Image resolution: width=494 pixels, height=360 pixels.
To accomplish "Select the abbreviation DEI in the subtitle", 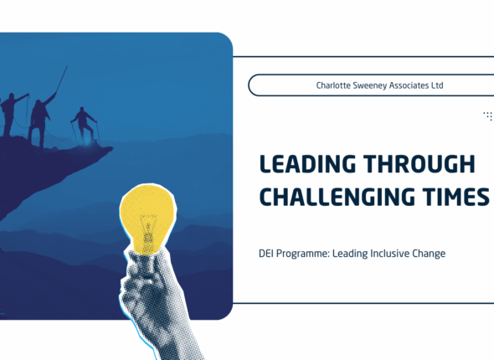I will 267,253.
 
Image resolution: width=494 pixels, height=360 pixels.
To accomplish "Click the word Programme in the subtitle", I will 305,253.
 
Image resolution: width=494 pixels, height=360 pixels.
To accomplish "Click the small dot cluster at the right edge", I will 488,116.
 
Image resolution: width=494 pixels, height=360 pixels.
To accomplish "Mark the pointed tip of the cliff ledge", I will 111,149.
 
